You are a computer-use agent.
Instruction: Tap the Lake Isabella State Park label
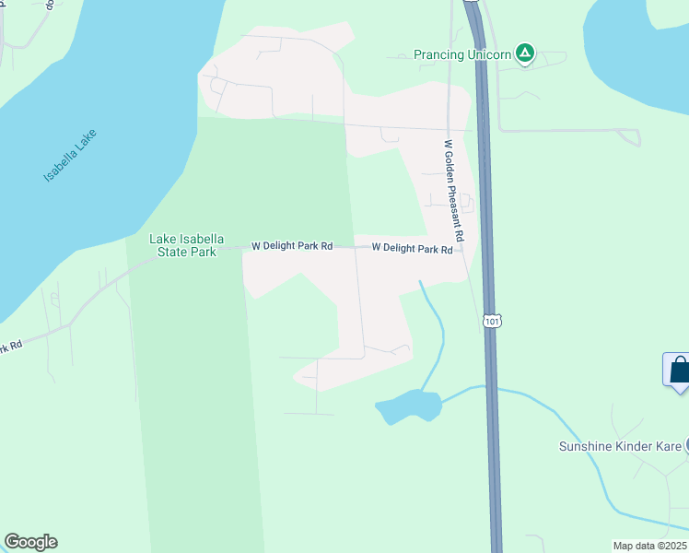(182, 245)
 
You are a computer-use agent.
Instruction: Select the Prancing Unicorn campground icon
(524, 53)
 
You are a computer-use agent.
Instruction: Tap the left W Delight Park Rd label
(293, 247)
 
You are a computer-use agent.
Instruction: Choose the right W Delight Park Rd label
(413, 249)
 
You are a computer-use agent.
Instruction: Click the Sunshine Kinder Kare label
(620, 447)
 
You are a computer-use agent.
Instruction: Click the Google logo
(30, 542)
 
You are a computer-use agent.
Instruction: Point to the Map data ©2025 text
(650, 546)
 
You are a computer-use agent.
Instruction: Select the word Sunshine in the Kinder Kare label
(588, 447)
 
